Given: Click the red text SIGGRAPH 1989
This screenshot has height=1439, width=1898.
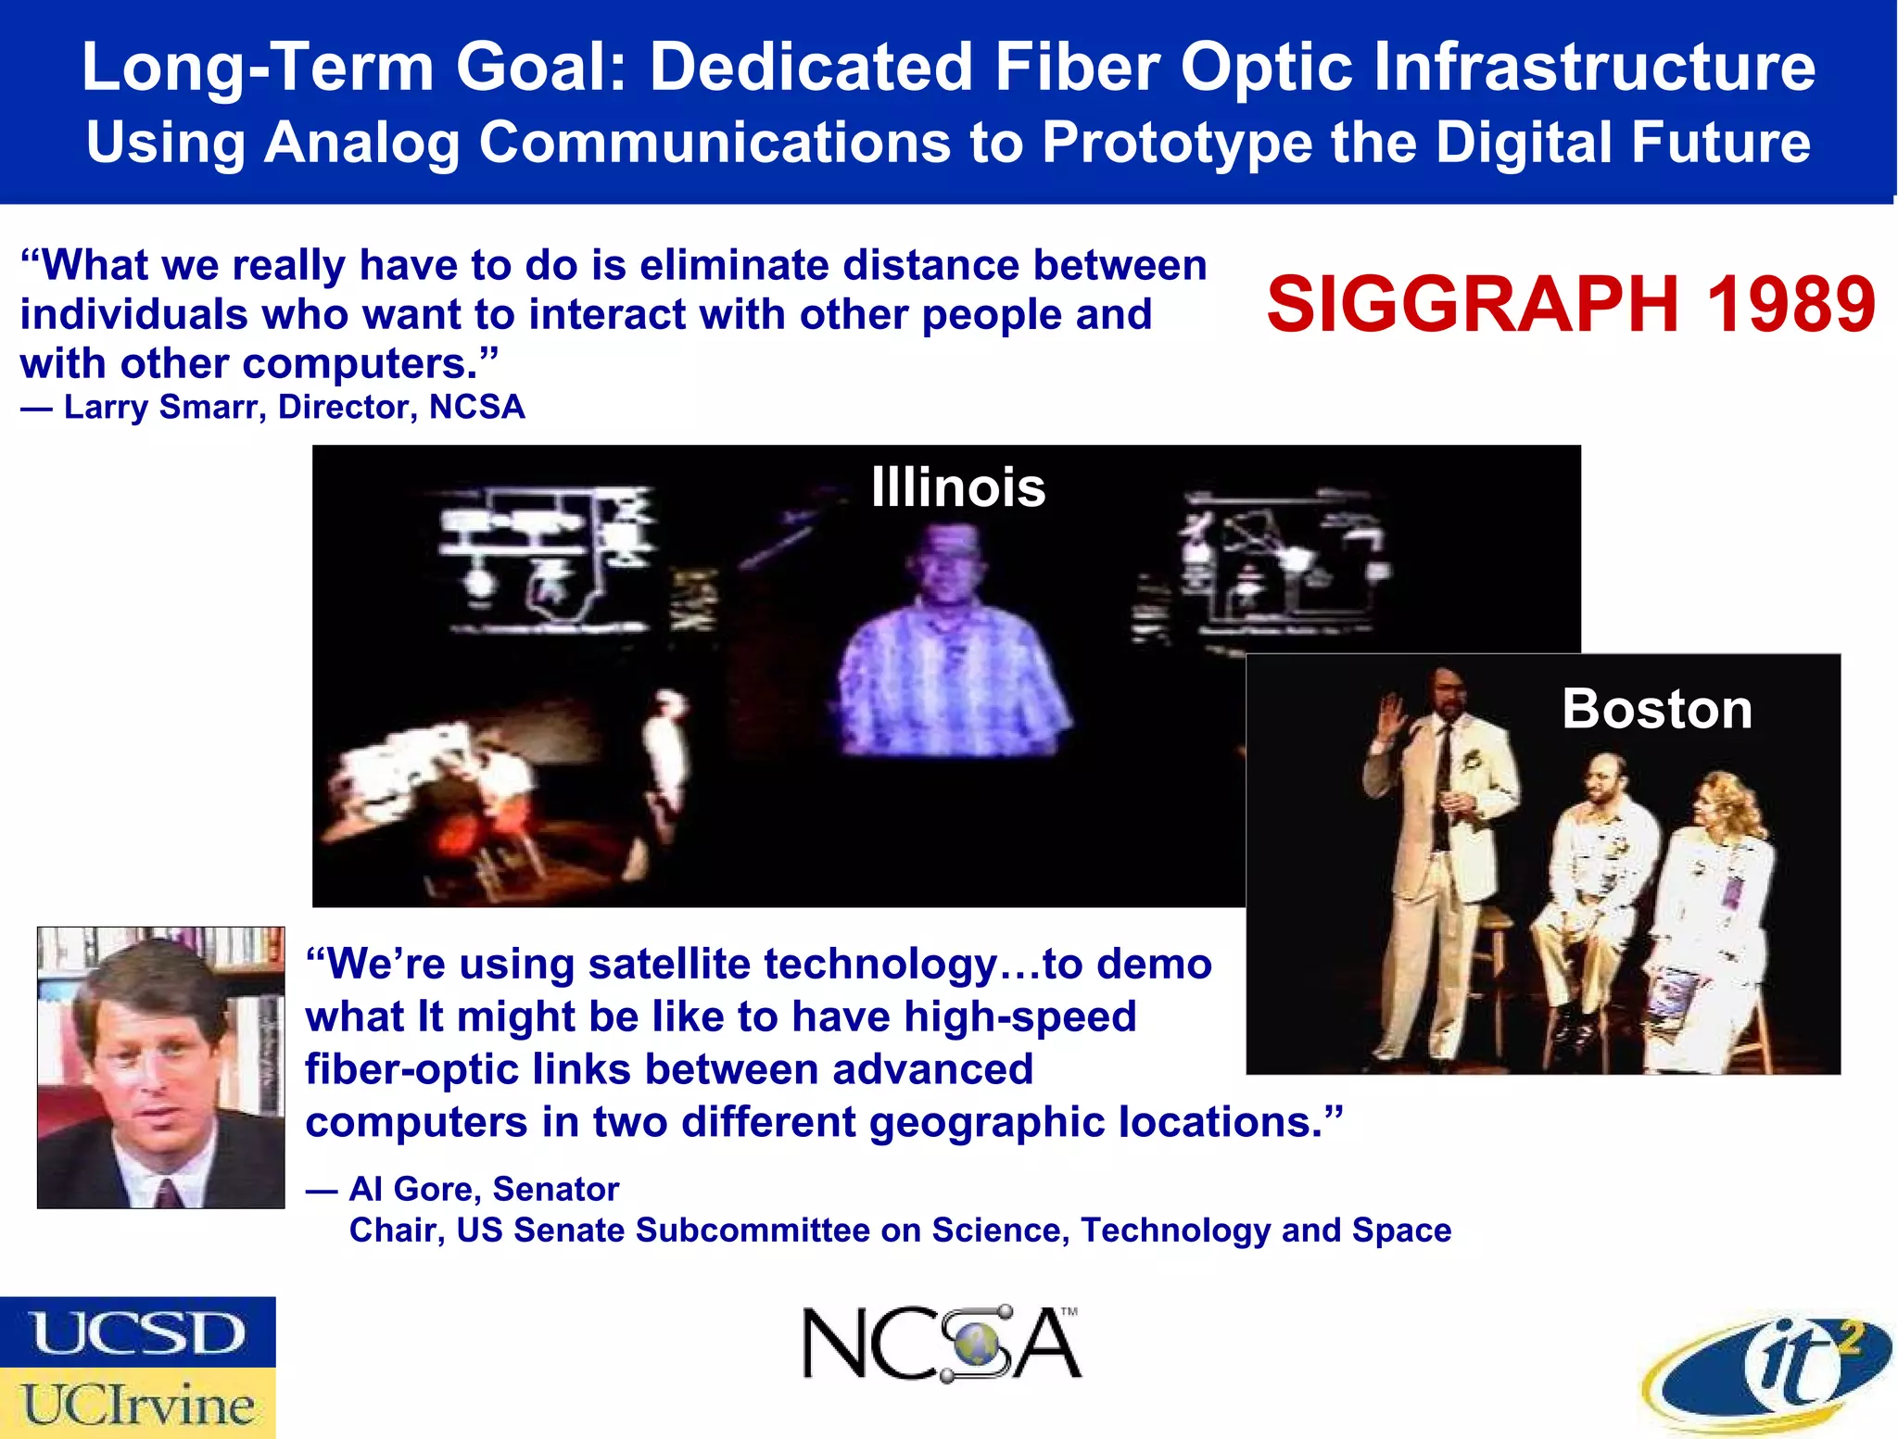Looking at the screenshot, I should (1570, 305).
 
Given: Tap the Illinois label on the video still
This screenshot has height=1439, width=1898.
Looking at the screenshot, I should (957, 487).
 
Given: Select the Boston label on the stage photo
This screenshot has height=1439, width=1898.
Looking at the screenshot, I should (1656, 710).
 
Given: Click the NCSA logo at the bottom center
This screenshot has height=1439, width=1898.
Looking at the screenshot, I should (940, 1344).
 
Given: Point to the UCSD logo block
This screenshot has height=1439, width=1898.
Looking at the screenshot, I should (137, 1332).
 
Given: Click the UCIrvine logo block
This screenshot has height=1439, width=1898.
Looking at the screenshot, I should (137, 1404).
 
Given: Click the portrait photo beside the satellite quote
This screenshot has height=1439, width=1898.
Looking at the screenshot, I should (160, 1067).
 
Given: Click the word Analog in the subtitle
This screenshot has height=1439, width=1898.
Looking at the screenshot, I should (361, 144).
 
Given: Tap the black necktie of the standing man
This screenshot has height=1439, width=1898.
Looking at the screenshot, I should (1442, 788).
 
